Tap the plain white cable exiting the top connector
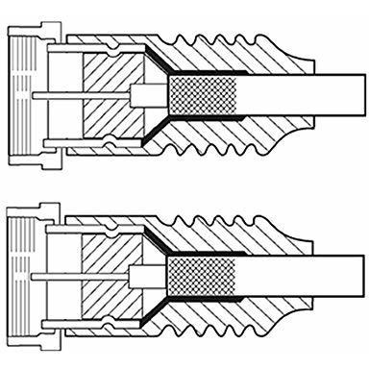pyautogui.click(x=288, y=96)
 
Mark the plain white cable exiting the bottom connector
pyautogui.click(x=288, y=275)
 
